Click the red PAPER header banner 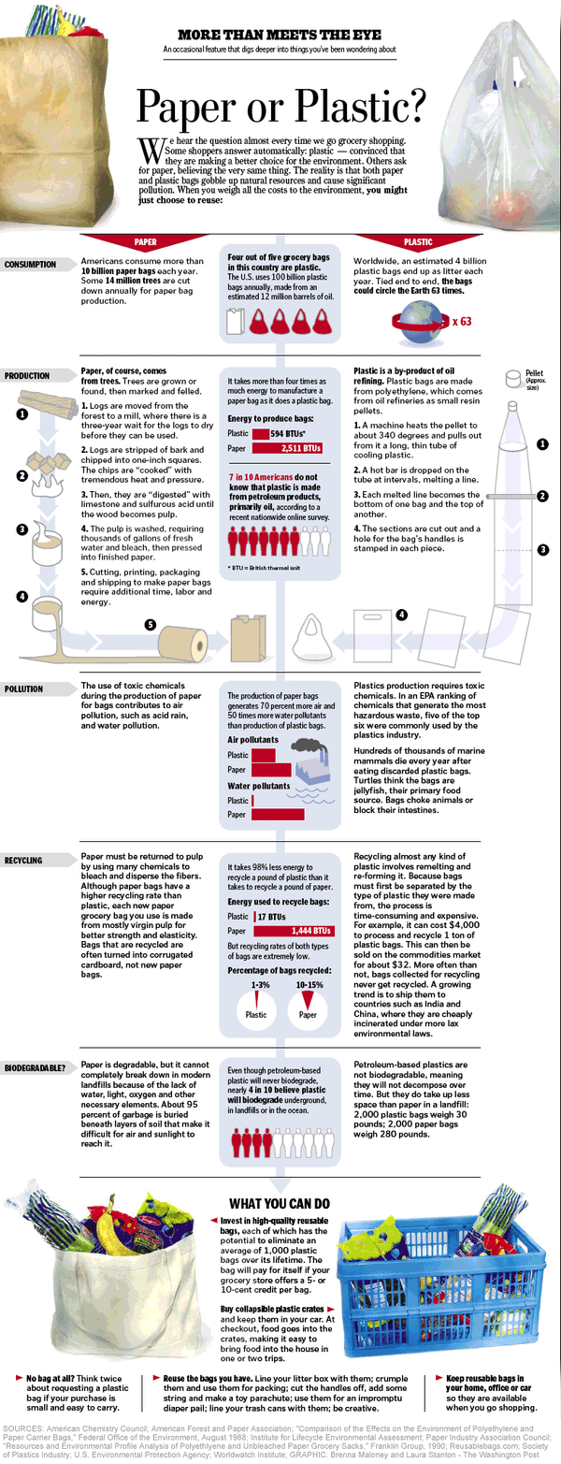click(145, 241)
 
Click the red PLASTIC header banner click(418, 241)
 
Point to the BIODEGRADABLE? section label click(36, 1068)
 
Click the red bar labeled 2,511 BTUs click(287, 448)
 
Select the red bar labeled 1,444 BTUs click(294, 931)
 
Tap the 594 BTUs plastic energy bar click(261, 433)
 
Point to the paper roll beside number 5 click(183, 644)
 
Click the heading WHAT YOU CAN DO click(280, 1204)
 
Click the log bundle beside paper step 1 click(46, 403)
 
